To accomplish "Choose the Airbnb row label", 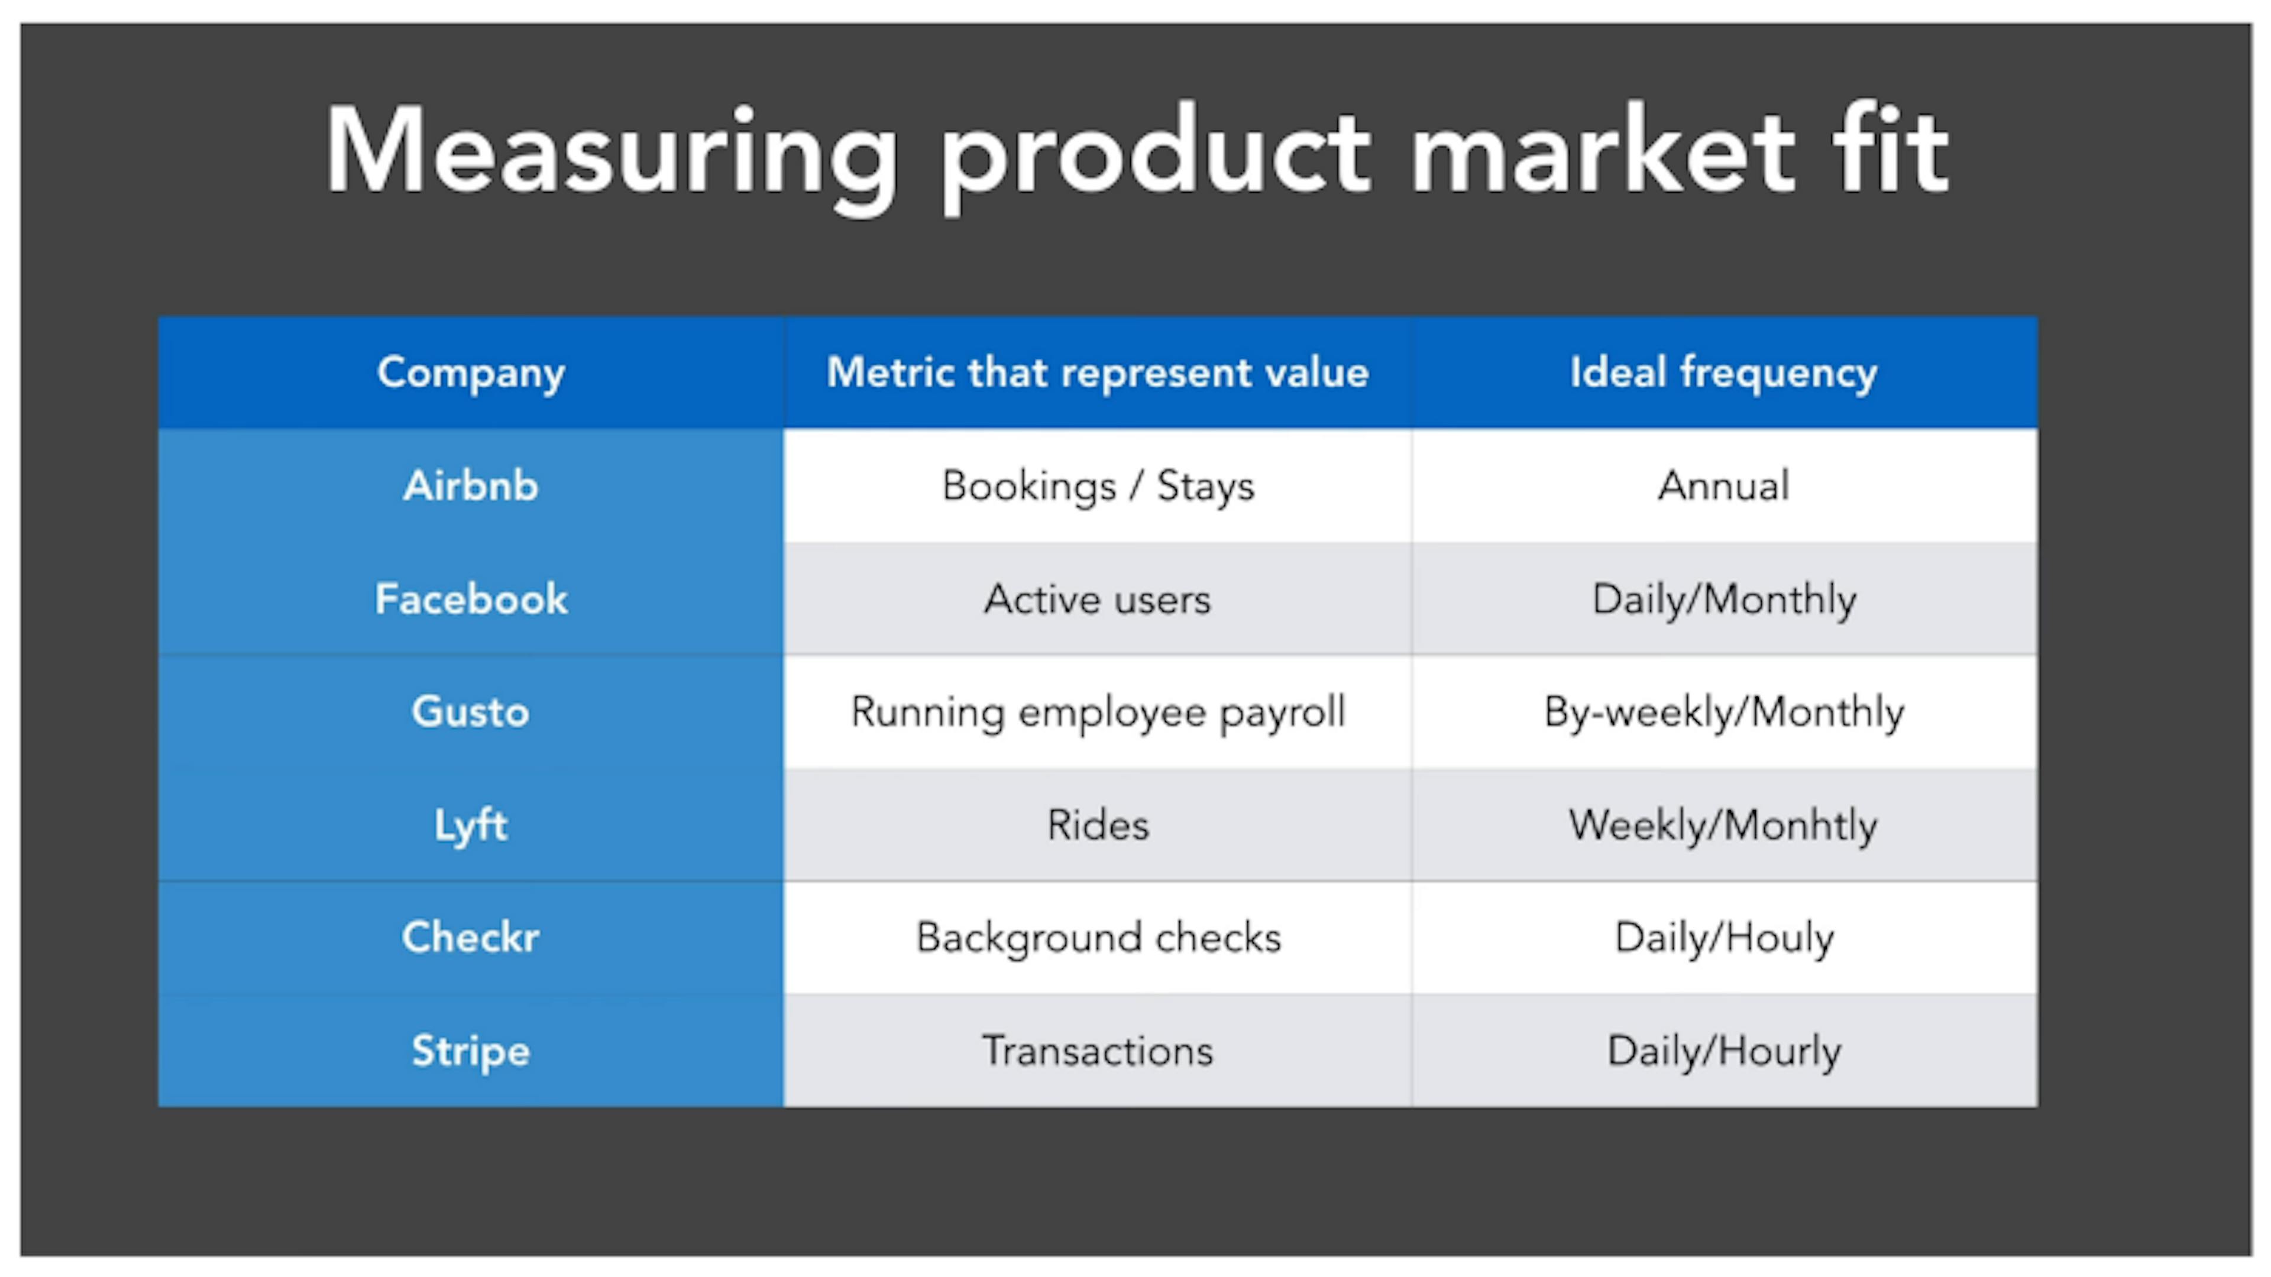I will point(471,485).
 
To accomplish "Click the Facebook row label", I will point(471,599).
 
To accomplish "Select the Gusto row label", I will point(471,712).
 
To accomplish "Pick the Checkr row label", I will point(471,938).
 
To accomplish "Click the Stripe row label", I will point(471,1051).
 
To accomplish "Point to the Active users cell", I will point(1098,600).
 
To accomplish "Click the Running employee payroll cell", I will point(1098,712).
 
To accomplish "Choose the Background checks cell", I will point(1098,938).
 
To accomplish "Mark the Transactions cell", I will point(1098,1051).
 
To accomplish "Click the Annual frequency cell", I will point(1723,485).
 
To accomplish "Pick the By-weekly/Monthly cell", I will point(1723,712).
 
